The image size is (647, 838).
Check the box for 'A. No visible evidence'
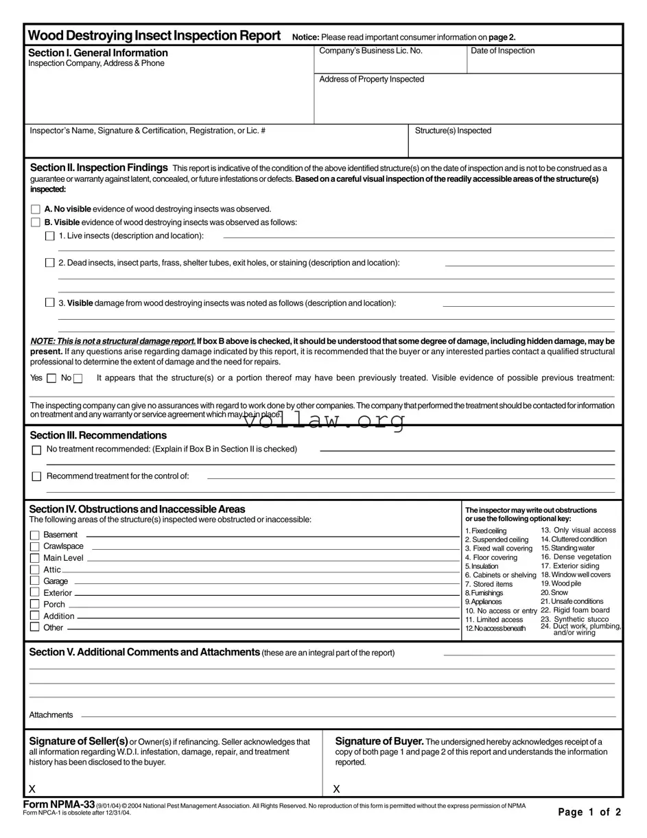pyautogui.click(x=36, y=209)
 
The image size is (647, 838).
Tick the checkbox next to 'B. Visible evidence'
pyautogui.click(x=36, y=222)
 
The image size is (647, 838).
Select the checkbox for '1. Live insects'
pyautogui.click(x=49, y=236)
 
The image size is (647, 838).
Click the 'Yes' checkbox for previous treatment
pyautogui.click(x=51, y=378)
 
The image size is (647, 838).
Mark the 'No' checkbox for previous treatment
pyautogui.click(x=78, y=378)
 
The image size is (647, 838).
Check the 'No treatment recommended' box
pyautogui.click(x=36, y=450)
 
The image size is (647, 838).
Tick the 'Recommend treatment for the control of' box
pyautogui.click(x=36, y=476)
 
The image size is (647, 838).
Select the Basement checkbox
pyautogui.click(x=34, y=535)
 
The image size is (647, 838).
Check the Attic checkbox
pyautogui.click(x=34, y=570)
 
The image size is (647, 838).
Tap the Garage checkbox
pyautogui.click(x=34, y=581)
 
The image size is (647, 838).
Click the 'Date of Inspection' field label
pyautogui.click(x=502, y=51)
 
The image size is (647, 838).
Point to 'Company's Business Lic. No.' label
pyautogui.click(x=370, y=51)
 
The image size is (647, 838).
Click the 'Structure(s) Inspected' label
pyautogui.click(x=453, y=130)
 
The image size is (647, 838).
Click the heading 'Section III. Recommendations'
pyautogui.click(x=98, y=435)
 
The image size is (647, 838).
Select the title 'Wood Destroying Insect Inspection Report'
pyautogui.click(x=154, y=36)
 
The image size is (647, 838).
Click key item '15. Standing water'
pyautogui.click(x=569, y=548)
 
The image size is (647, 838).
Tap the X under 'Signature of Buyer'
pyautogui.click(x=336, y=789)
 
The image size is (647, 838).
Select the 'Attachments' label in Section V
pyautogui.click(x=51, y=715)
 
